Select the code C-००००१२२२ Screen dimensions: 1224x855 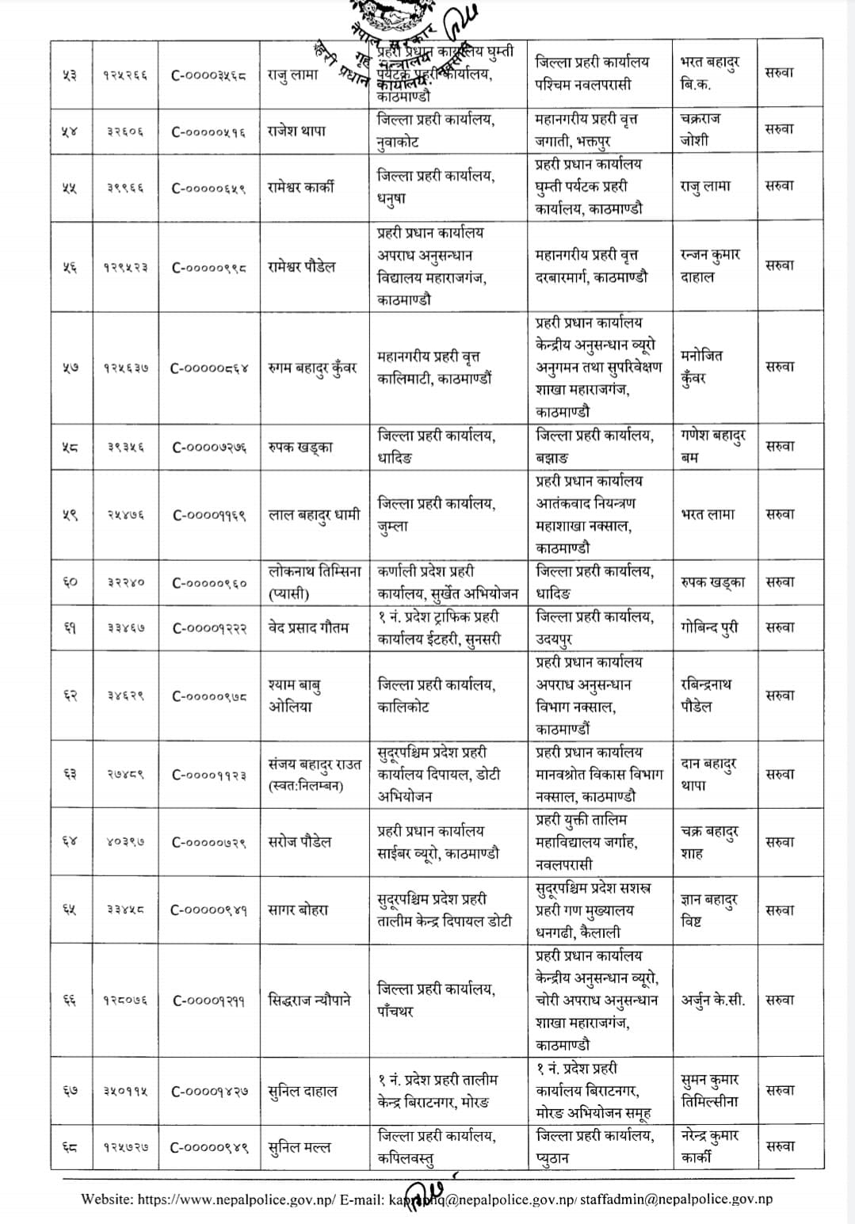pyautogui.click(x=209, y=627)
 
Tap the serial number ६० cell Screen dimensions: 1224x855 pyautogui.click(x=70, y=582)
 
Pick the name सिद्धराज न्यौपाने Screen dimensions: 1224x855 pyautogui.click(x=310, y=1000)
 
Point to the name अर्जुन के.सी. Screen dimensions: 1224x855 pyautogui.click(x=713, y=1000)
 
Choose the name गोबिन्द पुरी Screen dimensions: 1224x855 pyautogui.click(x=709, y=627)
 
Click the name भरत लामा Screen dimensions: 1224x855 pyautogui.click(x=708, y=514)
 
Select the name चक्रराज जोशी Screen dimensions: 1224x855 pyautogui.click(x=700, y=129)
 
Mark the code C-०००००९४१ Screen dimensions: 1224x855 pyautogui.click(x=209, y=910)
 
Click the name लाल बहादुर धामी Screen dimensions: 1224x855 pyautogui.click(x=314, y=514)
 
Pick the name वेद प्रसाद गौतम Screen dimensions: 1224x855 pyautogui.click(x=308, y=627)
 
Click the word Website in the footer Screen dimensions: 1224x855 pyautogui.click(x=106, y=1199)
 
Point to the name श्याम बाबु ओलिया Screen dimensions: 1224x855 pyautogui.click(x=294, y=695)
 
